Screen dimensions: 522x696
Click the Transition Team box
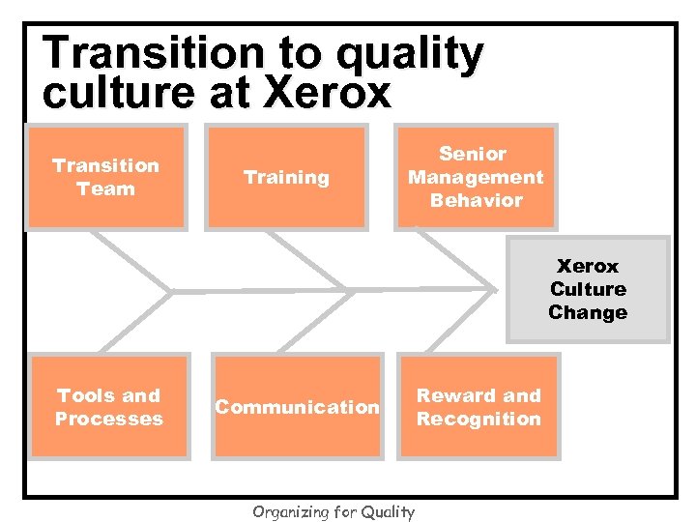point(105,178)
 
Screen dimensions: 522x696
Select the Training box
point(285,178)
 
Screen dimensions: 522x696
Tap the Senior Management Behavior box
point(475,178)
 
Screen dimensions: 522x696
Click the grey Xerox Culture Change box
point(588,289)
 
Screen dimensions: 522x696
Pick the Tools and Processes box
point(108,407)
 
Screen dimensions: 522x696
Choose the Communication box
point(297,407)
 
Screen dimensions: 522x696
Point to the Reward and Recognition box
point(478,407)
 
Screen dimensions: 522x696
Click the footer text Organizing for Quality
point(333,512)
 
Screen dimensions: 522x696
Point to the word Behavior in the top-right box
point(475,201)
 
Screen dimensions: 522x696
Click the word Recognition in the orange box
point(478,420)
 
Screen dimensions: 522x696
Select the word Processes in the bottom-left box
point(108,420)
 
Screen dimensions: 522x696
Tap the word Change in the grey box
point(588,313)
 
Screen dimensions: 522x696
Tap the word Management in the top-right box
point(475,178)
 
